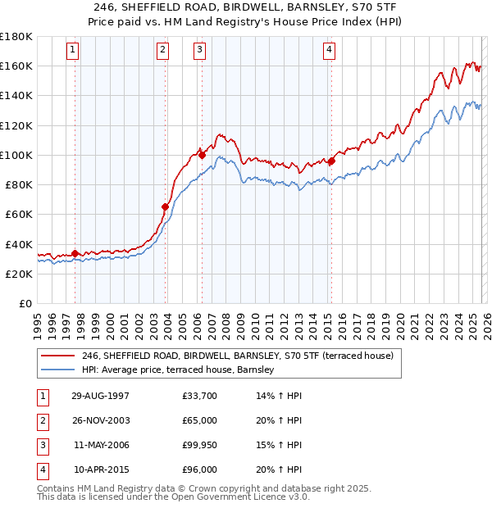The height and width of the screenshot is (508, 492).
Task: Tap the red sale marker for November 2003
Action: [x=165, y=206]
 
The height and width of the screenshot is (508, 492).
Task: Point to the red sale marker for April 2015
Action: [x=331, y=161]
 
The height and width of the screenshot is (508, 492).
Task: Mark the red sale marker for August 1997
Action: [x=75, y=253]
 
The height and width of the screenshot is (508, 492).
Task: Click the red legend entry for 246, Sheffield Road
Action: [x=238, y=356]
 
